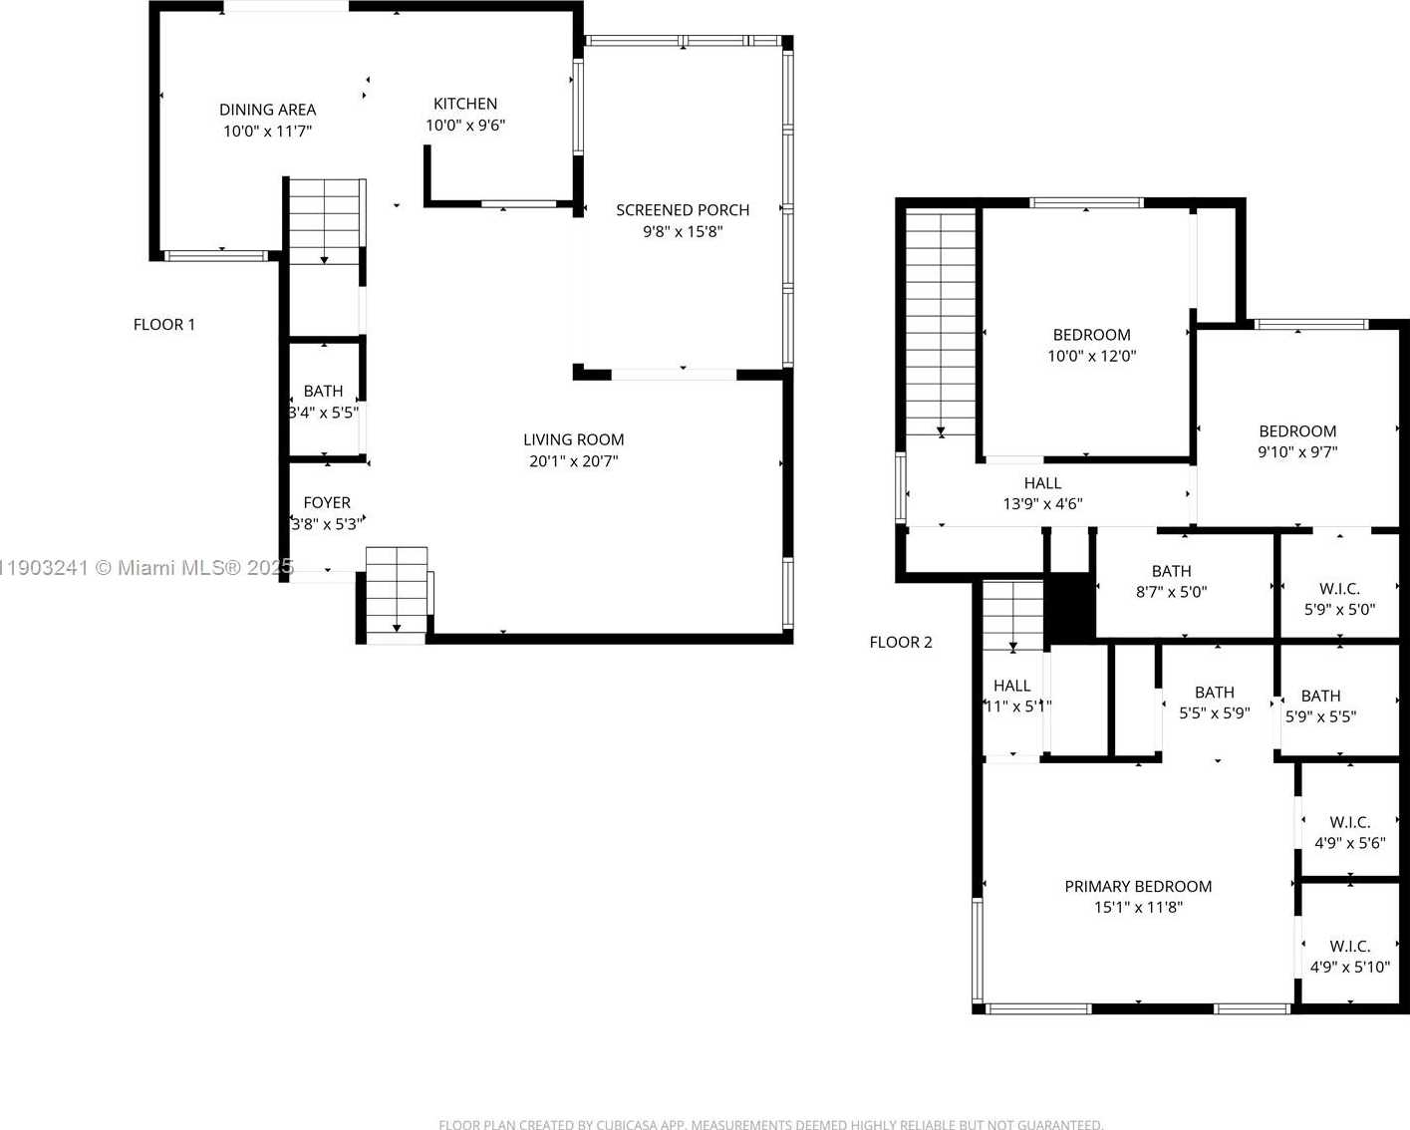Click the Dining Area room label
click(267, 110)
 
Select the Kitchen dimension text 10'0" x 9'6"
click(465, 126)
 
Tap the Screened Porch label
click(683, 210)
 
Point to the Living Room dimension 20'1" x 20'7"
click(573, 461)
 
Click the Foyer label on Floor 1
click(327, 503)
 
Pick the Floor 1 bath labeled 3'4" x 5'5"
click(323, 402)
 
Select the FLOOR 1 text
click(164, 325)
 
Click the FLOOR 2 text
click(901, 643)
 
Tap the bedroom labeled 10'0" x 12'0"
click(1091, 346)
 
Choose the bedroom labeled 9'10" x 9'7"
click(1297, 441)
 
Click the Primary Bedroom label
click(1138, 887)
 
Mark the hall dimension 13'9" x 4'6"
click(1042, 504)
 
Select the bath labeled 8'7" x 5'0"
click(1171, 582)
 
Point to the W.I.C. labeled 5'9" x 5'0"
click(1339, 599)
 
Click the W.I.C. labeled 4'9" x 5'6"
click(1349, 833)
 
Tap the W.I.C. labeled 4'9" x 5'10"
click(1349, 957)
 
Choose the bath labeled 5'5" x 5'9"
click(1214, 703)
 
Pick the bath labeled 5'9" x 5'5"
click(1320, 706)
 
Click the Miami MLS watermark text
click(147, 568)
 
